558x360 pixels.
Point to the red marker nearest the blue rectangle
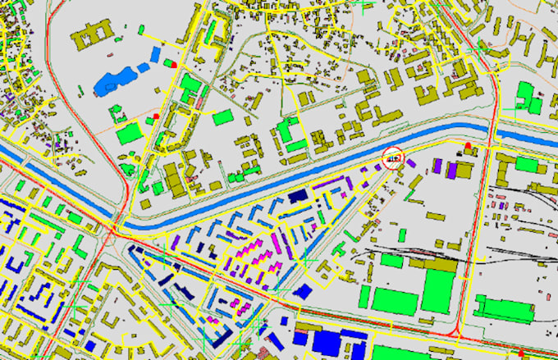pyautogui.click(x=174, y=63)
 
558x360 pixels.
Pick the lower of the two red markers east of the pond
pyautogui.click(x=154, y=117)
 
